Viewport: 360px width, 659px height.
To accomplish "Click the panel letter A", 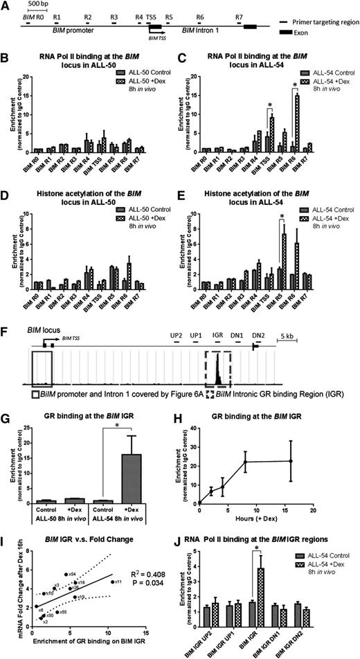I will tap(6, 5).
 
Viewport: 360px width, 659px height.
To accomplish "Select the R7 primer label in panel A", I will tap(239, 15).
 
